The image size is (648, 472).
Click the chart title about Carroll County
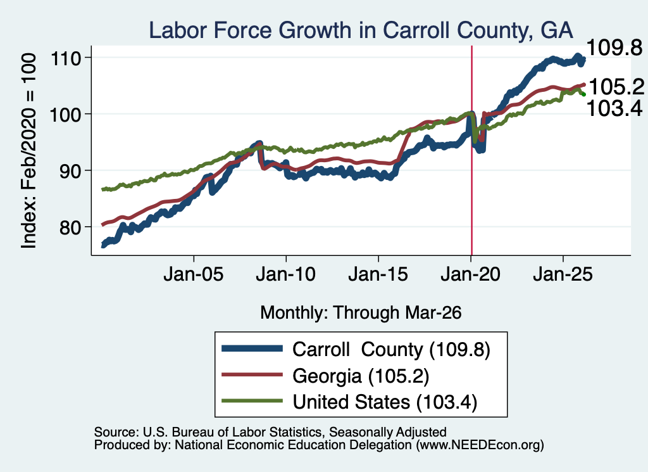(x=361, y=30)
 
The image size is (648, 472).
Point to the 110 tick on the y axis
(x=65, y=58)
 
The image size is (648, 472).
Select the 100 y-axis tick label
(x=65, y=114)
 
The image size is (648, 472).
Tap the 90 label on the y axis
(x=70, y=170)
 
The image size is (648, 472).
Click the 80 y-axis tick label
(x=70, y=227)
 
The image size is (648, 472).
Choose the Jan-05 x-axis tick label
(x=194, y=274)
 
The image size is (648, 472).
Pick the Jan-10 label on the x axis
(x=285, y=274)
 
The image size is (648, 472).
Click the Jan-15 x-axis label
(x=378, y=274)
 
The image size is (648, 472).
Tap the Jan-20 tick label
(x=470, y=274)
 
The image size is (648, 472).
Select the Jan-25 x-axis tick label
(x=563, y=274)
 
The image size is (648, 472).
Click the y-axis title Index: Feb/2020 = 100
(x=28, y=151)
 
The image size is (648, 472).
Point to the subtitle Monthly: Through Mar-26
(x=361, y=313)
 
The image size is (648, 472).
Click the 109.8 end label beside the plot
(x=614, y=48)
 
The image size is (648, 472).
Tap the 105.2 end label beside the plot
(x=616, y=87)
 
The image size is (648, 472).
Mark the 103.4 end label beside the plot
(x=614, y=108)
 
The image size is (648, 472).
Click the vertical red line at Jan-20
(x=471, y=151)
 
